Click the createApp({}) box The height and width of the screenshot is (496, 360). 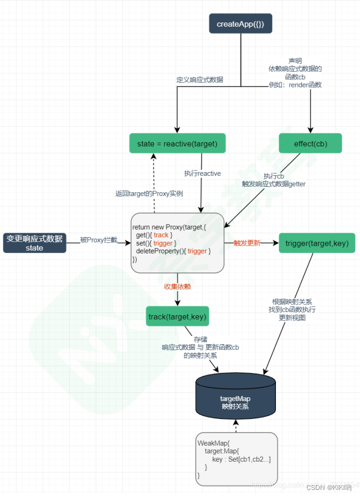[x=240, y=24]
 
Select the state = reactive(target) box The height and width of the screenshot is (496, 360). [x=178, y=144]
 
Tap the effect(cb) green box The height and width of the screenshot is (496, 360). [x=310, y=144]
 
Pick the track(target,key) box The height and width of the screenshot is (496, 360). [x=178, y=316]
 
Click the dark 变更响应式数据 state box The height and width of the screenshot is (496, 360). [x=34, y=243]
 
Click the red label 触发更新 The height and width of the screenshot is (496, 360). [x=247, y=243]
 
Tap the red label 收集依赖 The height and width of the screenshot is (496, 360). [x=178, y=286]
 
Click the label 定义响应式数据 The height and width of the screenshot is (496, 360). [x=199, y=80]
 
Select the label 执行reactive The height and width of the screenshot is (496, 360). [x=203, y=173]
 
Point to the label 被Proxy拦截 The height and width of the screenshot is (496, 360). [x=98, y=240]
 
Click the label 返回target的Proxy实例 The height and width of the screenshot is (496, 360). [x=149, y=193]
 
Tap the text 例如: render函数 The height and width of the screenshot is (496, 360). [x=295, y=85]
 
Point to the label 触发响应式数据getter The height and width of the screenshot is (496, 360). [x=274, y=184]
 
